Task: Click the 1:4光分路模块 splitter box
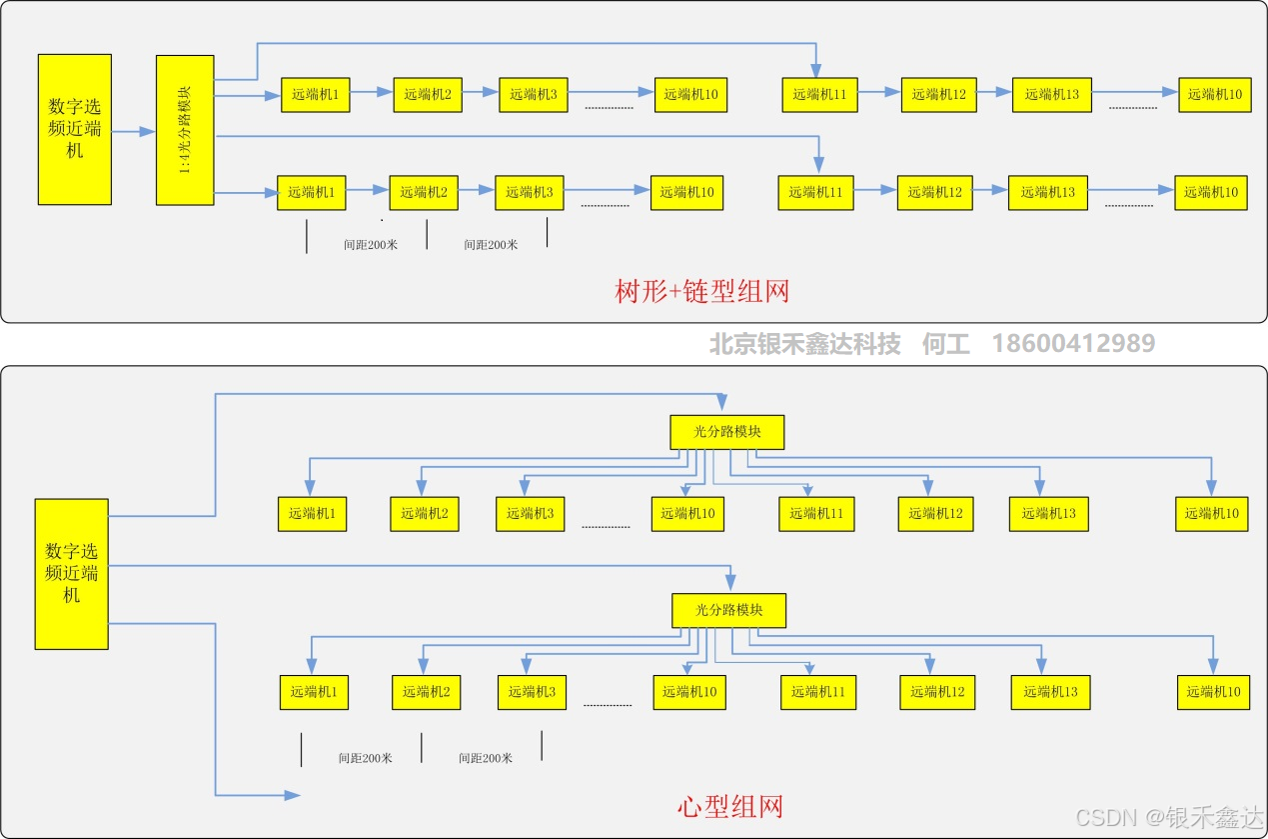pos(185,130)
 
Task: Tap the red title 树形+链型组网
pos(701,292)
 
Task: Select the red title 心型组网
pos(729,806)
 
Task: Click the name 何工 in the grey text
pos(945,344)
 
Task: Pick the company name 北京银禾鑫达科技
pos(804,344)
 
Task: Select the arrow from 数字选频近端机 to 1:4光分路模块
pos(134,131)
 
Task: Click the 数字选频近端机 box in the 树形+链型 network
pos(75,130)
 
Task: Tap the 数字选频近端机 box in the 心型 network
pos(71,574)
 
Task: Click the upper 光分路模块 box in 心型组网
pos(727,432)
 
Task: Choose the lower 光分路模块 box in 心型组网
pos(729,610)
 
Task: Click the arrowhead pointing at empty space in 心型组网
pos(293,795)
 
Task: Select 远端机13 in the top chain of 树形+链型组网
pos(1051,94)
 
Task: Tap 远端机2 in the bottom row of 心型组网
pos(426,692)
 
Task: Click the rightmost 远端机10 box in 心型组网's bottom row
pos(1213,692)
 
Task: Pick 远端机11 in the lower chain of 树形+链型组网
pos(815,192)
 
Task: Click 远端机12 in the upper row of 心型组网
pos(935,514)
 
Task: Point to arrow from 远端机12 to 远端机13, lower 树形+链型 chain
pos(990,190)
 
